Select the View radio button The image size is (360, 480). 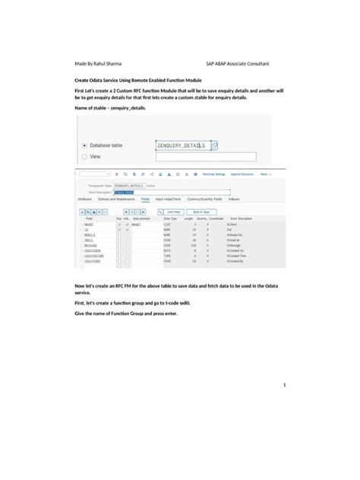point(84,156)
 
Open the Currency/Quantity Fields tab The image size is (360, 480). point(207,199)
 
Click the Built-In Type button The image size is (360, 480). point(201,212)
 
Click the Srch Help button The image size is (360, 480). point(173,212)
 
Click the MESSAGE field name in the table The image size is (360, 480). point(90,245)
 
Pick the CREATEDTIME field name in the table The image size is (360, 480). point(94,256)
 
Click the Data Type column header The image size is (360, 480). point(170,219)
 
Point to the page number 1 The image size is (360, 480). point(284,385)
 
